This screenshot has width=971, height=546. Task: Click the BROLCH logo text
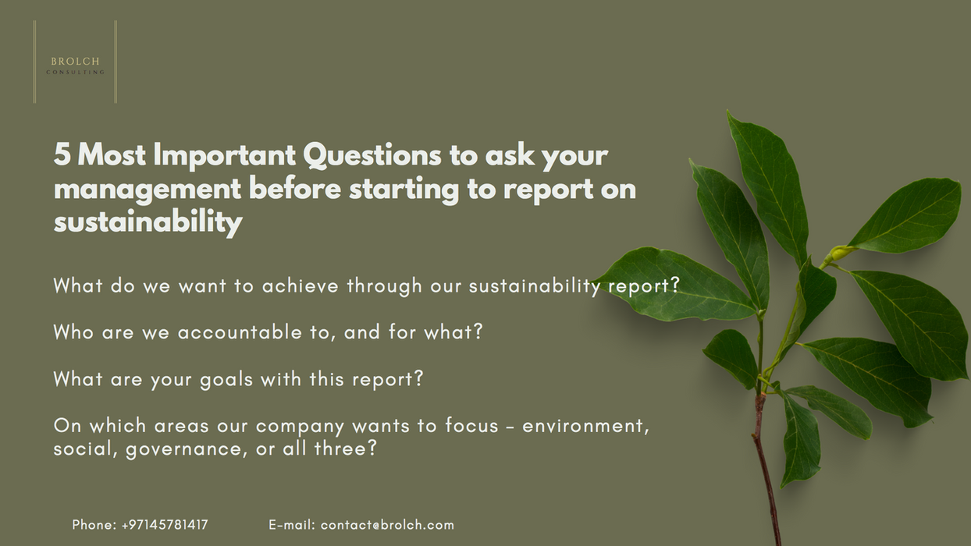(75, 61)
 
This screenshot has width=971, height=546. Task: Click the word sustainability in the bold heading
(148, 223)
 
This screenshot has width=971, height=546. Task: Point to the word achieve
(301, 286)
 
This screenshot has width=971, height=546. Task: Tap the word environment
(585, 426)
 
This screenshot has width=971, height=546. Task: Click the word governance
(182, 450)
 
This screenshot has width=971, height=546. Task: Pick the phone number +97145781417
(165, 525)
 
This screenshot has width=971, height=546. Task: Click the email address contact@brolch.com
(387, 525)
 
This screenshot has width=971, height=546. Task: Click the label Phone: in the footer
(94, 525)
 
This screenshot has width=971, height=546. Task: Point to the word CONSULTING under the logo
(75, 73)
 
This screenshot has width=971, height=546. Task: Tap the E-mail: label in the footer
(291, 525)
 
